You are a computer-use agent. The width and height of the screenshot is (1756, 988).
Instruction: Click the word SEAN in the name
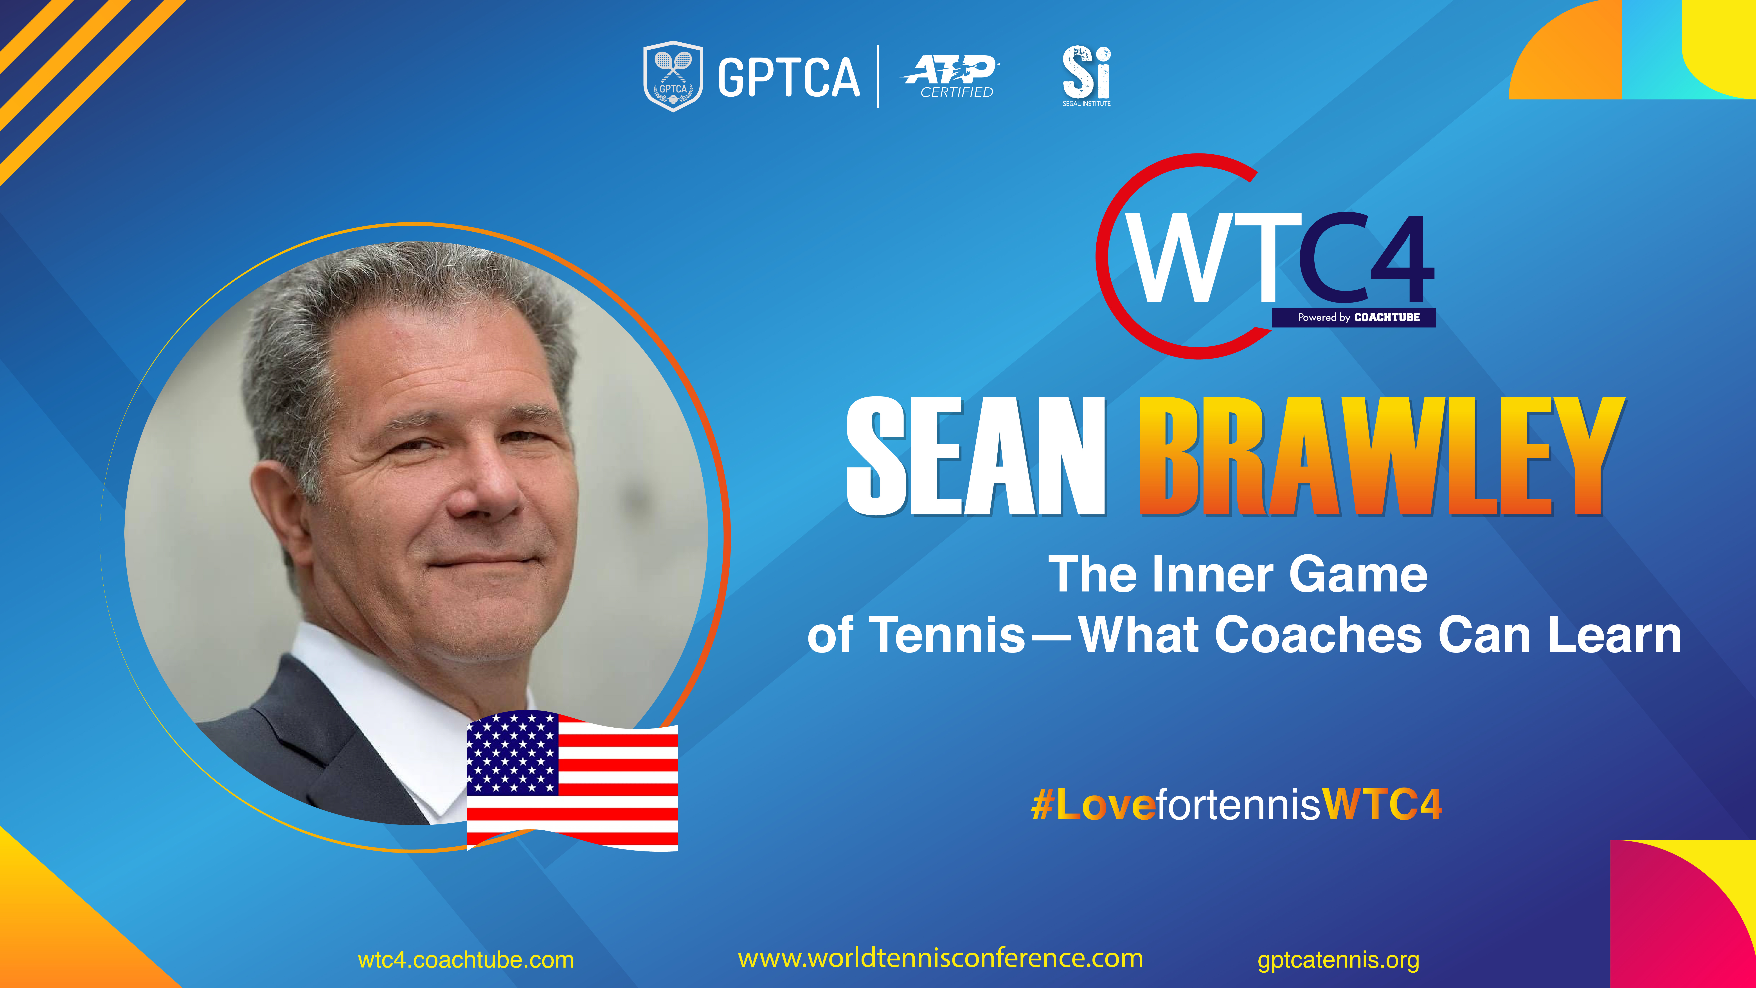(x=975, y=456)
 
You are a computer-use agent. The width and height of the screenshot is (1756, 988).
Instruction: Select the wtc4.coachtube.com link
(x=466, y=960)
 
